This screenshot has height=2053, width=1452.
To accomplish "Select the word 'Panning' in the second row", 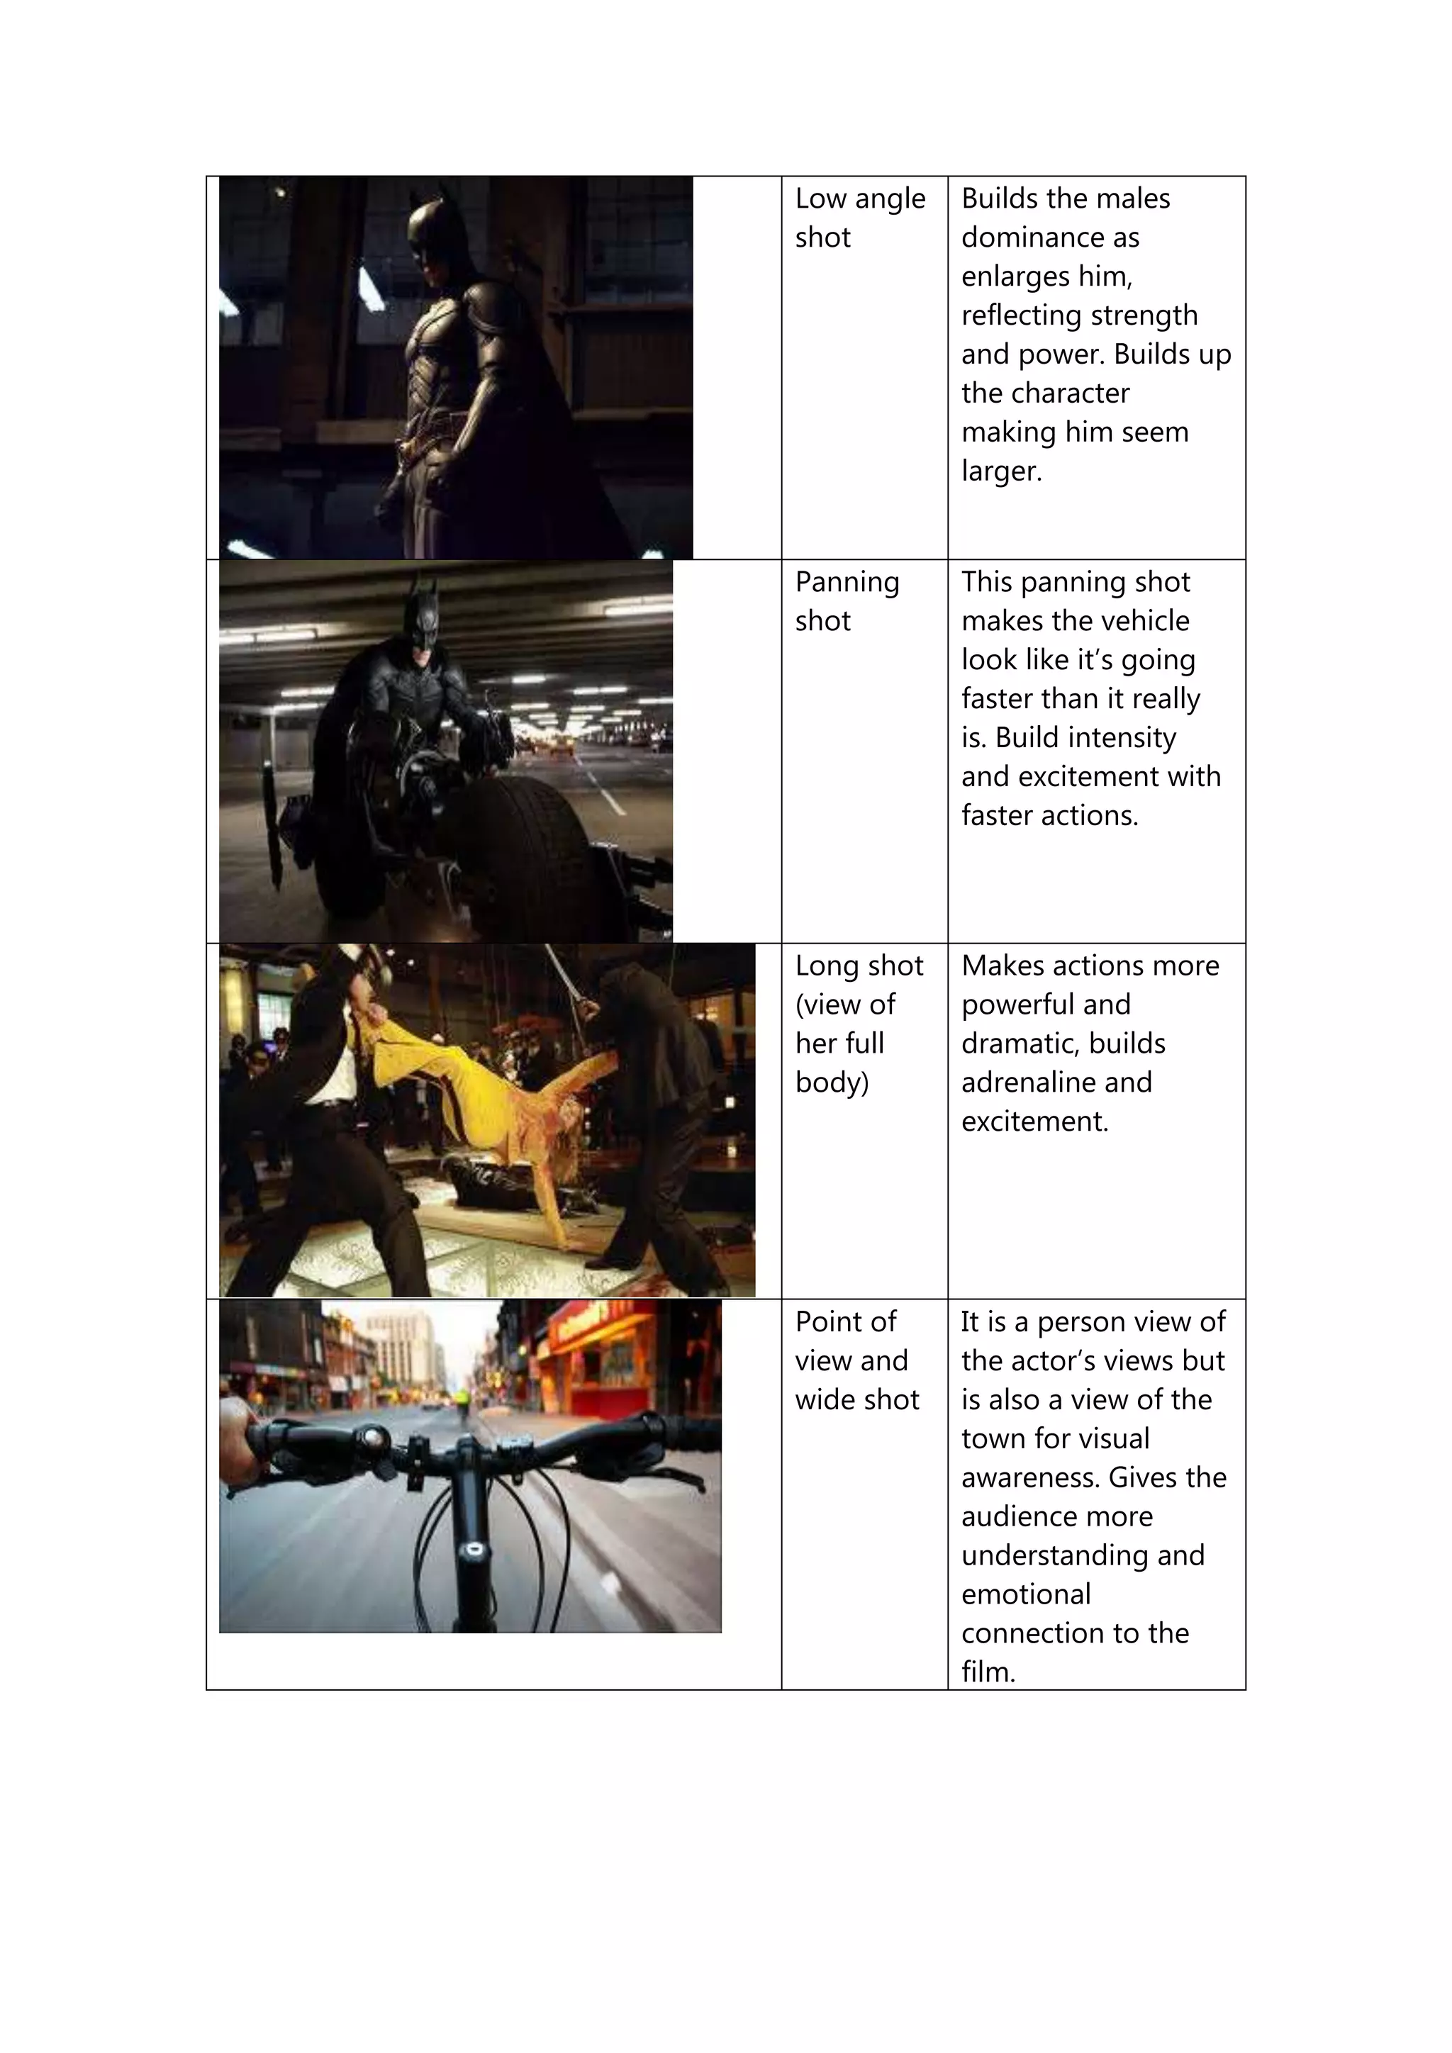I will point(847,583).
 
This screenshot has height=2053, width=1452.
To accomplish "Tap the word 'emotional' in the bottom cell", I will point(1025,1594).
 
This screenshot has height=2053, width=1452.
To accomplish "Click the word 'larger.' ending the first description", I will point(1001,471).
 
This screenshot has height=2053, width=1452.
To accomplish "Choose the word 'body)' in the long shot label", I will point(832,1083).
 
